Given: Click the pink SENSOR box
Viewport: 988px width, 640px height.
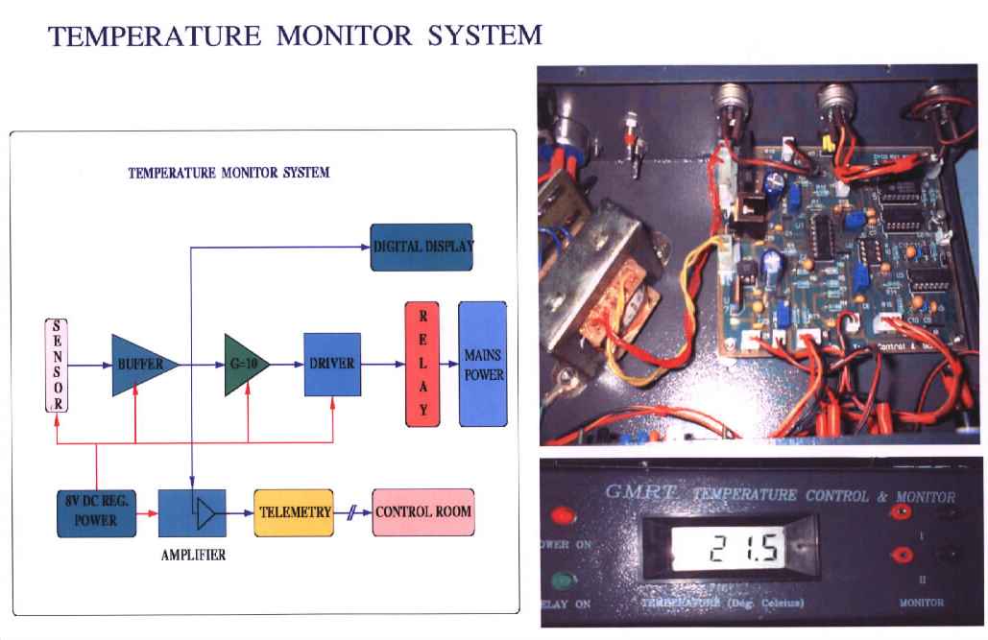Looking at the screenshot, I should (58, 365).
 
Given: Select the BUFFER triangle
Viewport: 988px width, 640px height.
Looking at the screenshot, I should (139, 365).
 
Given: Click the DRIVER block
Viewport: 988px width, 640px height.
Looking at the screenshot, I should (332, 365).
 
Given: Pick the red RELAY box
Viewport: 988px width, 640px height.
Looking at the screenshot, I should (423, 364).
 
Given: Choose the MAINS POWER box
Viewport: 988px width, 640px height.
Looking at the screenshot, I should (482, 364).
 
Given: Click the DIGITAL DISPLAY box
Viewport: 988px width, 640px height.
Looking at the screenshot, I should (422, 247).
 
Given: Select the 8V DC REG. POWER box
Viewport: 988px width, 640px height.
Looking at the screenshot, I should (96, 511).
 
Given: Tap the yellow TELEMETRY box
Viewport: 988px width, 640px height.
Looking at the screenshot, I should (294, 511).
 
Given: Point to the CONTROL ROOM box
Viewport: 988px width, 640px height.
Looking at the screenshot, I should (422, 511).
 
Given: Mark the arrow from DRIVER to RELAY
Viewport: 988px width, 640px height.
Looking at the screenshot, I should (382, 365).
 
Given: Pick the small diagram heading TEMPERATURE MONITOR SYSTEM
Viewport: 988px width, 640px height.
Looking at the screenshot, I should (229, 174).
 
